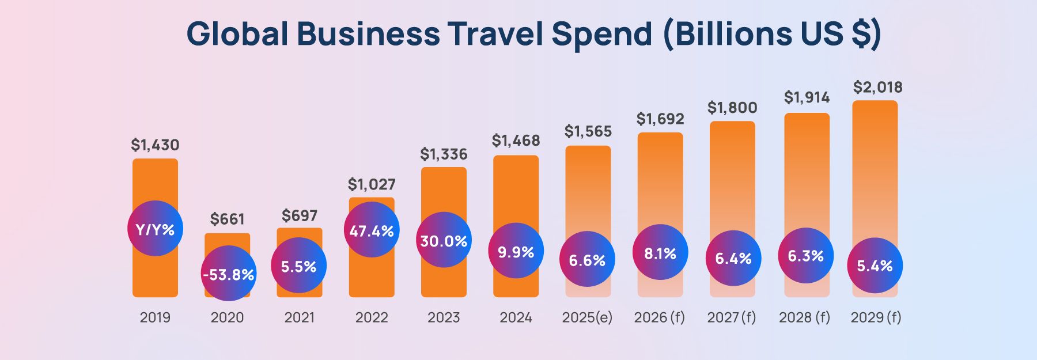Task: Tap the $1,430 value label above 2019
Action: (x=155, y=145)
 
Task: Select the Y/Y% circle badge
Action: (x=155, y=229)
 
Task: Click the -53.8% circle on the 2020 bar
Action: (x=228, y=274)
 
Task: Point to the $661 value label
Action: (x=227, y=219)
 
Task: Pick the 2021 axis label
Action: (x=299, y=317)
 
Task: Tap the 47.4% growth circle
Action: (x=372, y=230)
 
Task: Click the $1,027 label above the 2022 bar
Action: (x=372, y=184)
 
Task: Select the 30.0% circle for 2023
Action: (x=444, y=240)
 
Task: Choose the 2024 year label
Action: (x=516, y=317)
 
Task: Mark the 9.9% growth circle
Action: (x=516, y=251)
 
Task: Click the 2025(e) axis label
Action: (x=587, y=317)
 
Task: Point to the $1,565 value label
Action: (x=588, y=131)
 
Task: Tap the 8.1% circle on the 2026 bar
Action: (x=660, y=252)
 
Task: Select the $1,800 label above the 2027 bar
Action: (x=732, y=108)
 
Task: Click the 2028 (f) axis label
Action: (x=804, y=317)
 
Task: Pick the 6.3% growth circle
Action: (x=805, y=255)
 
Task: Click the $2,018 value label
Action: (x=877, y=88)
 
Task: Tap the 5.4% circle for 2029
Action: (x=875, y=265)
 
